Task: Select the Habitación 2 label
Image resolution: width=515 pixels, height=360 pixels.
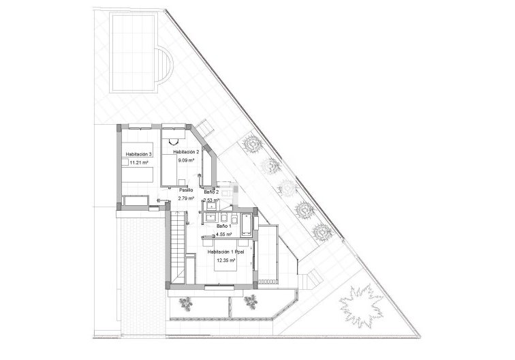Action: click(186, 151)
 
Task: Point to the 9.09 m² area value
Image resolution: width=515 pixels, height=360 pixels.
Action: click(186, 161)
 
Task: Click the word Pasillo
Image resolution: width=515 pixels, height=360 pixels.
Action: click(186, 190)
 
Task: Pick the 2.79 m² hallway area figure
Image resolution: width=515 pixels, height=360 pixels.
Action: click(186, 198)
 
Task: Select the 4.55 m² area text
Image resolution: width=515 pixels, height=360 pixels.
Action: click(224, 234)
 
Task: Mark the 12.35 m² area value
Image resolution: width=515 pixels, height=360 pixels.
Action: click(225, 260)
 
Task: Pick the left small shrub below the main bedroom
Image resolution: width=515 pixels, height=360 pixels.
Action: click(185, 303)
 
